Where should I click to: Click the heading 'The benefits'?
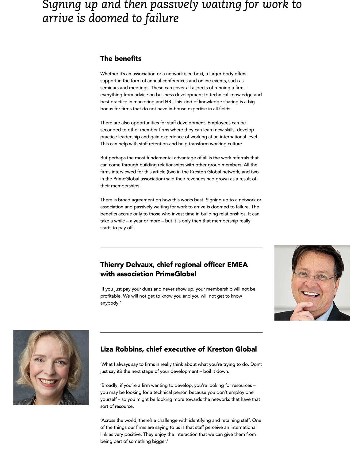point(121,59)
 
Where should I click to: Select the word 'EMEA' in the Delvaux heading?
point(237,265)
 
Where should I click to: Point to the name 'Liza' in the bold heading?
point(107,349)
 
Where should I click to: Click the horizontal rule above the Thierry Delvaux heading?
point(181,248)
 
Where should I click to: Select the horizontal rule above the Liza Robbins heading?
point(181,332)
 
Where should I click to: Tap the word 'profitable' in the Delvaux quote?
point(110,296)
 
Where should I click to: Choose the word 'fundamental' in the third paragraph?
point(159,158)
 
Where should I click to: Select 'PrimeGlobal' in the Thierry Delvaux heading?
point(176,274)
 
